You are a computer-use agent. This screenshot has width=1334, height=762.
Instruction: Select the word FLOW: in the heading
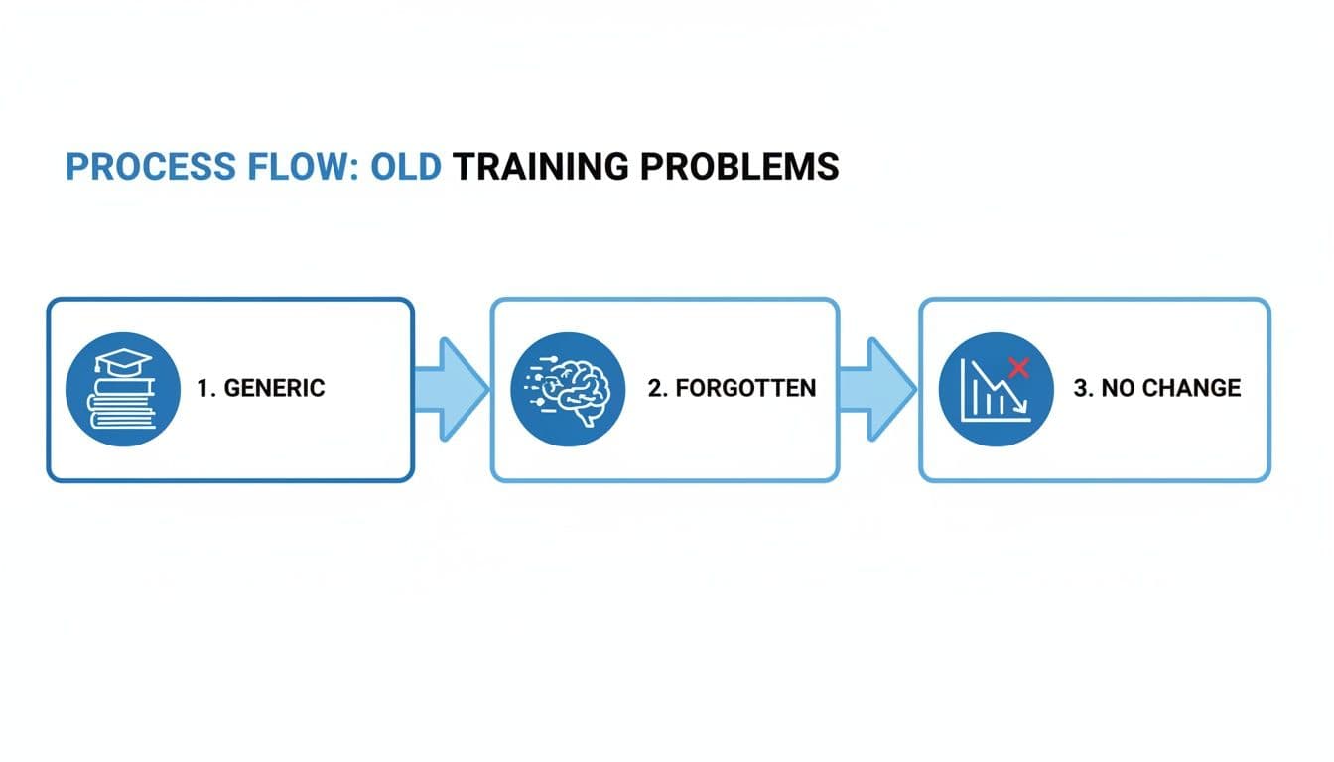coord(294,167)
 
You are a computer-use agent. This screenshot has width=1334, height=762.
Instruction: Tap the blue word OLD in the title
coord(405,167)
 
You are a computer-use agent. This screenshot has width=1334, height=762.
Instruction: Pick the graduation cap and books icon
coord(122,388)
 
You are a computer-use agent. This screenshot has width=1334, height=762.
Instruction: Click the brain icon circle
coord(567,388)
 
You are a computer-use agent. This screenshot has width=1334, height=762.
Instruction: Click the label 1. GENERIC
coord(261,388)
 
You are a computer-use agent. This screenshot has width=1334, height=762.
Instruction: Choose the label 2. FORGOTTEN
coord(732,388)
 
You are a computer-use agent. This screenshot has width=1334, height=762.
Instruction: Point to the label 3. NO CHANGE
coord(1157,388)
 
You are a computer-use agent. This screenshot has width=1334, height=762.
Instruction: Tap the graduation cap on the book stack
coord(122,363)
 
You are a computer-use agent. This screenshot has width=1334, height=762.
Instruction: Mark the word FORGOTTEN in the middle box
coord(745,388)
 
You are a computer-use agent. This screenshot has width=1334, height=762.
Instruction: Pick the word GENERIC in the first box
coord(275,388)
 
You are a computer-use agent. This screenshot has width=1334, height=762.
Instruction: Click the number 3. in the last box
coord(1082,388)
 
